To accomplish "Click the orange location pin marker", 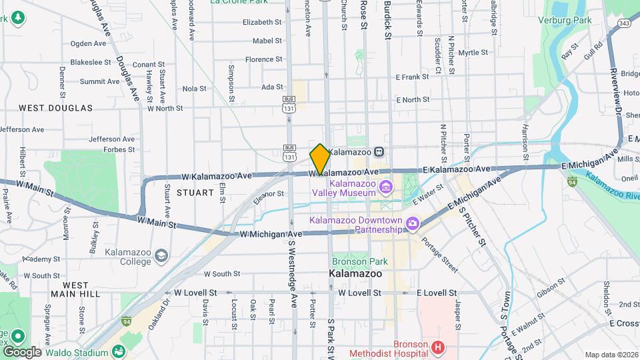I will click(x=320, y=159).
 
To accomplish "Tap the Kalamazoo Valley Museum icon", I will click(x=385, y=187).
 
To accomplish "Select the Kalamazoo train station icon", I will click(x=378, y=151).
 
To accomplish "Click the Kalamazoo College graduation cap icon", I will click(x=161, y=255).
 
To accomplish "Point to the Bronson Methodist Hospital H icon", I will click(x=437, y=347).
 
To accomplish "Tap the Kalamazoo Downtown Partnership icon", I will click(x=413, y=222).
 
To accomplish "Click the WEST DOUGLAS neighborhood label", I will click(x=55, y=108).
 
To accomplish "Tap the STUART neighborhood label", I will click(x=195, y=193).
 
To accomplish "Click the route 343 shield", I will click(x=624, y=23).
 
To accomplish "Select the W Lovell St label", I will click(x=195, y=293).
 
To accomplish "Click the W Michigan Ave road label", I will click(x=271, y=234).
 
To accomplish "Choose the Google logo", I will click(x=21, y=351).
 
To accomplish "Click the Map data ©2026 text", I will click(x=611, y=355).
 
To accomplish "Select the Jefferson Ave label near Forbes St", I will click(x=111, y=139).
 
